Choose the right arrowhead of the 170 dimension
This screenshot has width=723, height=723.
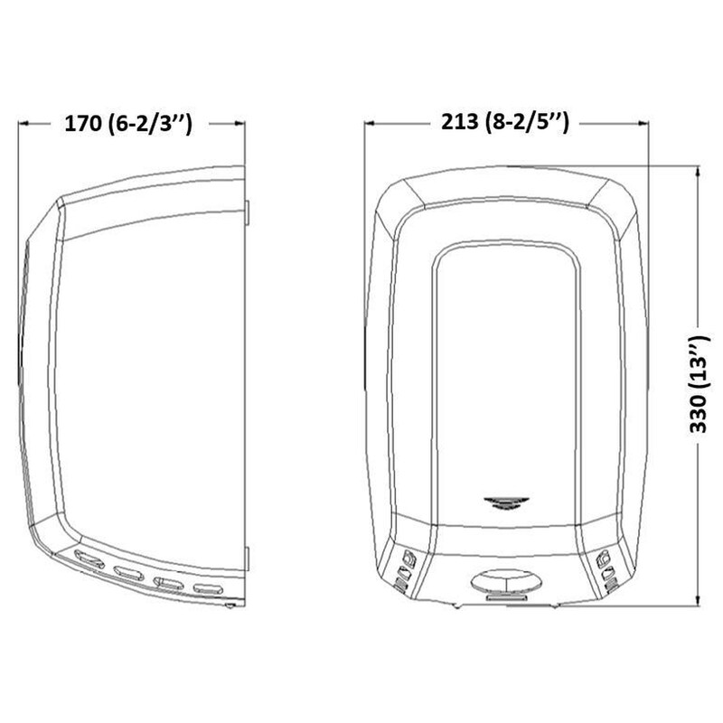point(241,126)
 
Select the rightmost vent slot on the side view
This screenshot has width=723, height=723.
point(210,588)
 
